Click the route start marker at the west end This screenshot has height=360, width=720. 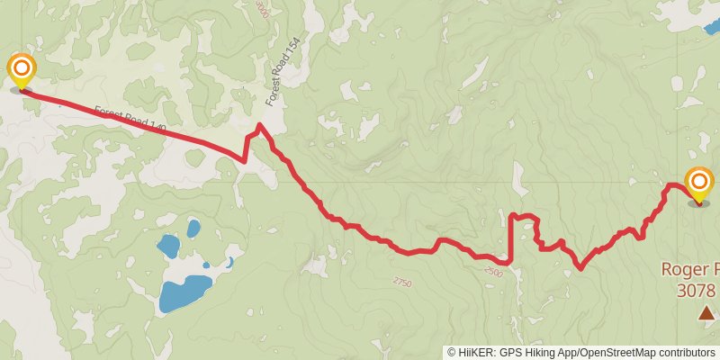pyautogui.click(x=21, y=71)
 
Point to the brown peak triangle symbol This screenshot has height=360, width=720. pyautogui.click(x=706, y=312)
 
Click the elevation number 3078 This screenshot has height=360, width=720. pyautogui.click(x=697, y=290)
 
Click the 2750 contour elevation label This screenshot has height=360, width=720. pyautogui.click(x=402, y=283)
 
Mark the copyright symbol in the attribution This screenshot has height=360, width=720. pyautogui.click(x=451, y=352)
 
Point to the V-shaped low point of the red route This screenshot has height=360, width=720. pyautogui.click(x=580, y=267)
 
